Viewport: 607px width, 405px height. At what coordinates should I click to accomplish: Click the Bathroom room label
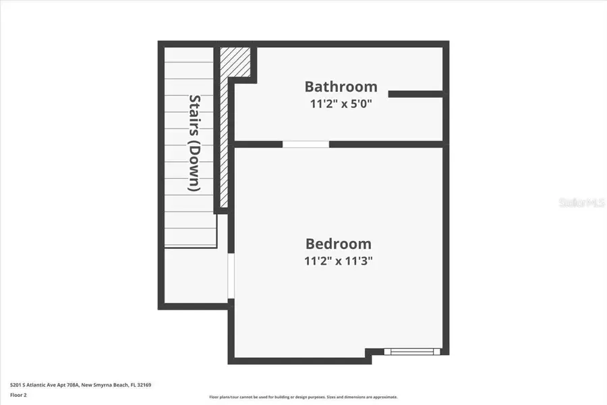click(341, 87)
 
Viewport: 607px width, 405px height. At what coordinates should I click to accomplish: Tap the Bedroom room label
click(339, 244)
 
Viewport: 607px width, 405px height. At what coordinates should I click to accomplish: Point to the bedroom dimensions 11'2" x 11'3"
click(339, 261)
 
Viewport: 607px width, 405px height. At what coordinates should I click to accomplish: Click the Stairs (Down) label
click(194, 142)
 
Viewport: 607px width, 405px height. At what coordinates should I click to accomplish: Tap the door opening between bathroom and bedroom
click(306, 144)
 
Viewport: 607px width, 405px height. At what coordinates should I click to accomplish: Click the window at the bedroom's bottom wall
click(412, 352)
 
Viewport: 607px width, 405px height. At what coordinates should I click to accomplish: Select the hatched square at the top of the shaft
click(236, 61)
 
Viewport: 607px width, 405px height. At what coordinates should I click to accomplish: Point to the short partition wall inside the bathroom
click(415, 94)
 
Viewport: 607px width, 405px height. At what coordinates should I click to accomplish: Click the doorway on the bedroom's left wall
click(230, 276)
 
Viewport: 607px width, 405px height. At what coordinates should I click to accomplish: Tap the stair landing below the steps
click(196, 277)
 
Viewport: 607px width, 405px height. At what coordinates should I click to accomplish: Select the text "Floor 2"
click(19, 395)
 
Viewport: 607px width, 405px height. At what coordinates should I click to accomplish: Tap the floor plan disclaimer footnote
click(303, 397)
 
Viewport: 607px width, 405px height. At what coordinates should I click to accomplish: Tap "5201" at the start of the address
click(15, 385)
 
